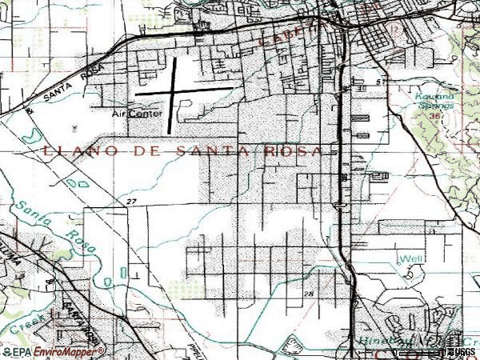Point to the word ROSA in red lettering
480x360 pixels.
[x=298, y=150]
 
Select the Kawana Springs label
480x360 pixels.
[x=435, y=101]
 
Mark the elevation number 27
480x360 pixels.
[x=132, y=201]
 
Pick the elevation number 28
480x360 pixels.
[x=310, y=294]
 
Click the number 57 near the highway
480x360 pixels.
[x=381, y=82]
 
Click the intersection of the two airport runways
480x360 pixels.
[x=175, y=91]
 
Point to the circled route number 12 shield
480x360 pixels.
[x=394, y=30]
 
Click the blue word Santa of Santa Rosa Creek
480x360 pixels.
[x=30, y=212]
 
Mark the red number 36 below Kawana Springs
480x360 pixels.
[x=436, y=115]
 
